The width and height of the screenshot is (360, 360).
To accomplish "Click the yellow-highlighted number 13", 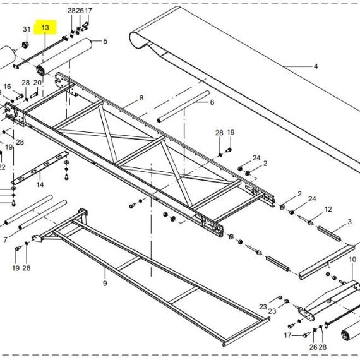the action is click(45, 28).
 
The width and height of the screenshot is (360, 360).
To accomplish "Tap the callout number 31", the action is click(27, 29).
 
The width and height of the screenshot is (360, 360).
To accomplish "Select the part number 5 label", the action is click(105, 41).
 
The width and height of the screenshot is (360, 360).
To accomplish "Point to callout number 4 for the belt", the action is click(316, 66).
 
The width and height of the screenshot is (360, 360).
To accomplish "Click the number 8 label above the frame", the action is click(141, 98).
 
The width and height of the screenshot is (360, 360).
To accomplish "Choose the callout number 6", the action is click(212, 102).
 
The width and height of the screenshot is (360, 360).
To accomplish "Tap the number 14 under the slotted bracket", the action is click(40, 184).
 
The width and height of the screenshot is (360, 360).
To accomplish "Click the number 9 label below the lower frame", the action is click(105, 283).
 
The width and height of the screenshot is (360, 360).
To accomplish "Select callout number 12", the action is click(328, 209).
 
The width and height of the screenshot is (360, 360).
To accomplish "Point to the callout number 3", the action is click(349, 222).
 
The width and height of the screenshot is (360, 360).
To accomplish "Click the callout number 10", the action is click(352, 260).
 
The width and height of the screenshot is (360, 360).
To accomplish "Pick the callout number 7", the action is click(6, 240).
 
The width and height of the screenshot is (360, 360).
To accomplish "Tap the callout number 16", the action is click(7, 87).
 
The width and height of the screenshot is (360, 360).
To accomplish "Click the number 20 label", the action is click(37, 83).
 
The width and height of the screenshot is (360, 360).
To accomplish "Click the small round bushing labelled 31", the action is click(25, 45).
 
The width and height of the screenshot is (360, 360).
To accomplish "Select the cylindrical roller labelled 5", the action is click(64, 57).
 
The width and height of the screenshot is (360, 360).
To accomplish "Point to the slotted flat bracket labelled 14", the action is click(40, 167).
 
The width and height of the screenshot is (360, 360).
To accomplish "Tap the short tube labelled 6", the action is click(183, 107).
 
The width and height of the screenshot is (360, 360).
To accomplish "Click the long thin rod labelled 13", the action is click(40, 52).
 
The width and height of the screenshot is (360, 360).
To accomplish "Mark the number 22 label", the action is click(2, 167).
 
